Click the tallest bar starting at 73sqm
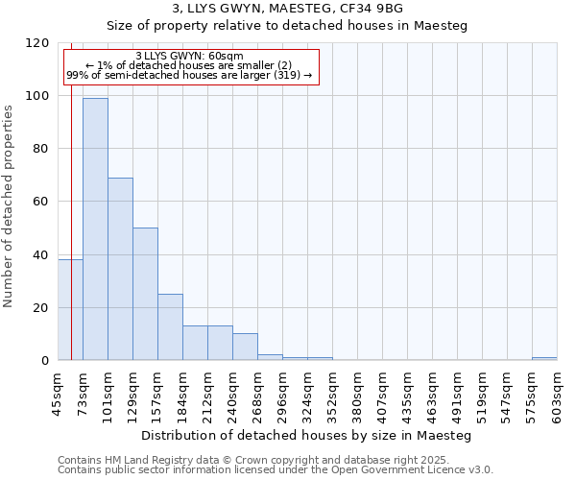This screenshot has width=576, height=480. (x=95, y=228)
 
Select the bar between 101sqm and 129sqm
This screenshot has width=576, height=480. (x=120, y=269)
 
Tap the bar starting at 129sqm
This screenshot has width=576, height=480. (x=145, y=294)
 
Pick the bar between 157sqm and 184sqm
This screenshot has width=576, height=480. (x=170, y=326)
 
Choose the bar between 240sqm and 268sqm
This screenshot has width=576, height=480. (x=245, y=347)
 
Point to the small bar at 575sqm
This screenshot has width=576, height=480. (x=544, y=359)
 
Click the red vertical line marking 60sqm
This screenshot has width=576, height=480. (x=71, y=192)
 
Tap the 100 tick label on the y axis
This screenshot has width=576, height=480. (x=39, y=96)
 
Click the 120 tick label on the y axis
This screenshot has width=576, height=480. (x=39, y=43)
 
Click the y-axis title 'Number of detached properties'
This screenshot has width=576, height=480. (x=10, y=206)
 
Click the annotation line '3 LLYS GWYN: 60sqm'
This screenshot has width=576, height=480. (x=189, y=56)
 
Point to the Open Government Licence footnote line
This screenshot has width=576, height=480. (x=276, y=470)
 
